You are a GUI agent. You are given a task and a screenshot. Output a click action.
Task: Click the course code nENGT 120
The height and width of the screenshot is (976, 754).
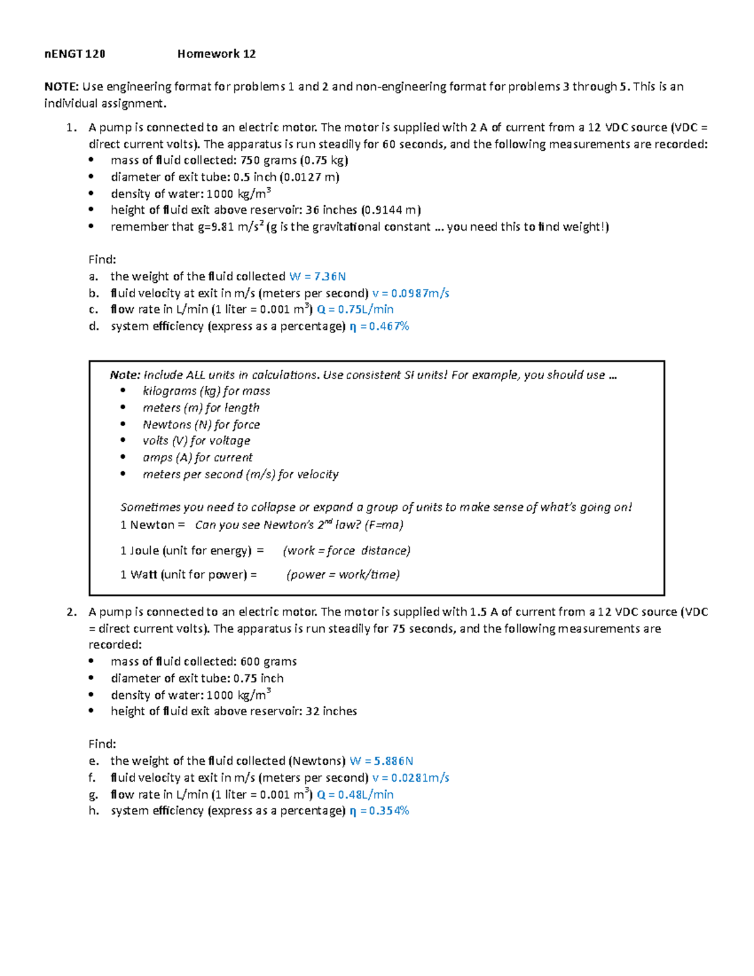(x=75, y=54)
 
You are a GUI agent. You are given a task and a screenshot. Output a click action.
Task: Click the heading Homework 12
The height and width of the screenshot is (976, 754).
(x=216, y=54)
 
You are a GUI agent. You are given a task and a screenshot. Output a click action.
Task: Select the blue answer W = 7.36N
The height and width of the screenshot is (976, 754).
(x=317, y=277)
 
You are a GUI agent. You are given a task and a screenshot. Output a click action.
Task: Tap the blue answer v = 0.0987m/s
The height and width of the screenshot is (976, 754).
(x=410, y=293)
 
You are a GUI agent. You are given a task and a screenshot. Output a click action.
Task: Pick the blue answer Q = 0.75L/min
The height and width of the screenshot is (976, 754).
(x=355, y=309)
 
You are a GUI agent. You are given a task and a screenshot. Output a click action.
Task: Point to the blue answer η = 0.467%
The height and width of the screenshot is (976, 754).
(x=379, y=326)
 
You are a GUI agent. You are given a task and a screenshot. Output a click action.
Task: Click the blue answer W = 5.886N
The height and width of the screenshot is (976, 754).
(x=381, y=761)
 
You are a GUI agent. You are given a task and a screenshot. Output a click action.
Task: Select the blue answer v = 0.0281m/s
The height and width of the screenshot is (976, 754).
(x=410, y=778)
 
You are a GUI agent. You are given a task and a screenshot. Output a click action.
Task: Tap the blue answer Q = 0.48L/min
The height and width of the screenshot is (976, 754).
(x=355, y=794)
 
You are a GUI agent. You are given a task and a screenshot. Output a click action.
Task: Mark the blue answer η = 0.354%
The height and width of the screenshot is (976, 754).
(x=379, y=811)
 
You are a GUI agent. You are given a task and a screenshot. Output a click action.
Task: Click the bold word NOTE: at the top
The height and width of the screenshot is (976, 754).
(x=61, y=87)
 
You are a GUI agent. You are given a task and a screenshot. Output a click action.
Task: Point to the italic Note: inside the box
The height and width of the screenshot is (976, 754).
(x=124, y=375)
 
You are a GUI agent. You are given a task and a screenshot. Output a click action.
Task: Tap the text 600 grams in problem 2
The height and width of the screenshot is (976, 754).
(x=268, y=662)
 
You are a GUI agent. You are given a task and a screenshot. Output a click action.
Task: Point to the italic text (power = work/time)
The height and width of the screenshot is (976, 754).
(x=343, y=574)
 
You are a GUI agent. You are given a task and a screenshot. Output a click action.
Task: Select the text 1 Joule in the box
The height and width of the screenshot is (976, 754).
(x=139, y=551)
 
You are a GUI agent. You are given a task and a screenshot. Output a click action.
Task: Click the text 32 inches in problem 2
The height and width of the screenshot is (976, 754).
(x=331, y=711)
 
